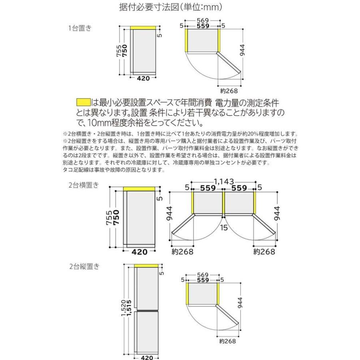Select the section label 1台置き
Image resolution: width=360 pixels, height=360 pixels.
pos(80,28)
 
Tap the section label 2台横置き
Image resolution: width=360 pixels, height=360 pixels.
pos(83,185)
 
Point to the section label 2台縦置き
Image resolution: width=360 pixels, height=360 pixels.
pos(83,266)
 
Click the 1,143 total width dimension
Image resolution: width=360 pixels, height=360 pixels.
pos(223,182)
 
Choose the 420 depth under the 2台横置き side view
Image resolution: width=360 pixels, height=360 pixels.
pos(140,252)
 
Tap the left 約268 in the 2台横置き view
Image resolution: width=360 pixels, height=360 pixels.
pos(183,252)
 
